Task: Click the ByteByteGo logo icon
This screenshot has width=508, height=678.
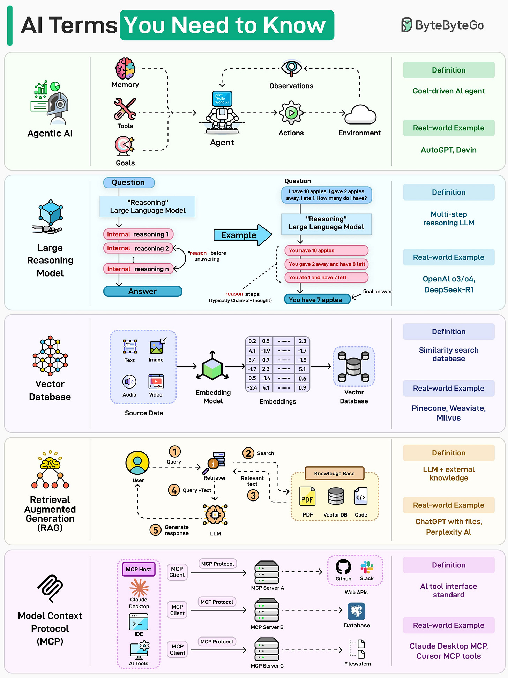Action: coord(406,25)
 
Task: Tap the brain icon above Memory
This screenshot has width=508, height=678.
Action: coord(125,68)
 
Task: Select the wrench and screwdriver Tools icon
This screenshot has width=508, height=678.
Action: coord(125,109)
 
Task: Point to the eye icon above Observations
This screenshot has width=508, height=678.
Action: coord(292,68)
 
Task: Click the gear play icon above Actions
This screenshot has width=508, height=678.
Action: coord(291,113)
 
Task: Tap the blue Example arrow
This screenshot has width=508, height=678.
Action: coord(242,235)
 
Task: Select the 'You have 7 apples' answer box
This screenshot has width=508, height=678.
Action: coord(317,300)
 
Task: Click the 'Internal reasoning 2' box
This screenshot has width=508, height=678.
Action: coord(138,248)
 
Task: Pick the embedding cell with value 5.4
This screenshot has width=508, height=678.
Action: coord(252,360)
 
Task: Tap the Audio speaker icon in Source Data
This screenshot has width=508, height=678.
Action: coord(129,382)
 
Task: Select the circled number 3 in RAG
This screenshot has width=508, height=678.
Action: coord(253,495)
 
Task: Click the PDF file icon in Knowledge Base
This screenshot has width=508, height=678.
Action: coord(307,496)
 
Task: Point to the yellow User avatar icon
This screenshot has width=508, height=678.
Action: coord(137,463)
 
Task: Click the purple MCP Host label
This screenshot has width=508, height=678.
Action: coord(139,569)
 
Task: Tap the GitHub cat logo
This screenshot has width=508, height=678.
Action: coord(343,567)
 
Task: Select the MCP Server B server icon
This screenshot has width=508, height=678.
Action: coord(267,610)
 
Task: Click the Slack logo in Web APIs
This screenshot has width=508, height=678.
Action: coord(367,567)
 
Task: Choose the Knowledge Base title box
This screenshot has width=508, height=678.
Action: coord(334,473)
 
